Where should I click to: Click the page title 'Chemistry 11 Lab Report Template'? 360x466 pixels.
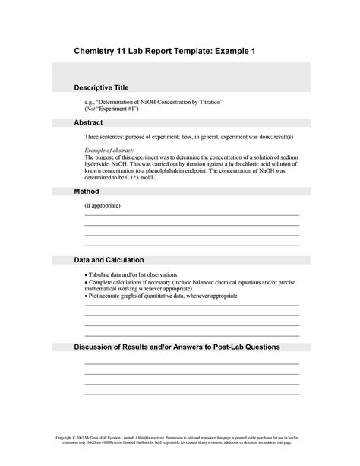[151, 49]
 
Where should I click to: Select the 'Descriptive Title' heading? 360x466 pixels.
[106, 87]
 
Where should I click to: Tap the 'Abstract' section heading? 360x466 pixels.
[88, 122]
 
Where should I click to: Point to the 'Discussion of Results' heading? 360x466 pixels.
[177, 347]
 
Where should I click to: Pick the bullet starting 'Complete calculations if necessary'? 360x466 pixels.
[190, 281]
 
